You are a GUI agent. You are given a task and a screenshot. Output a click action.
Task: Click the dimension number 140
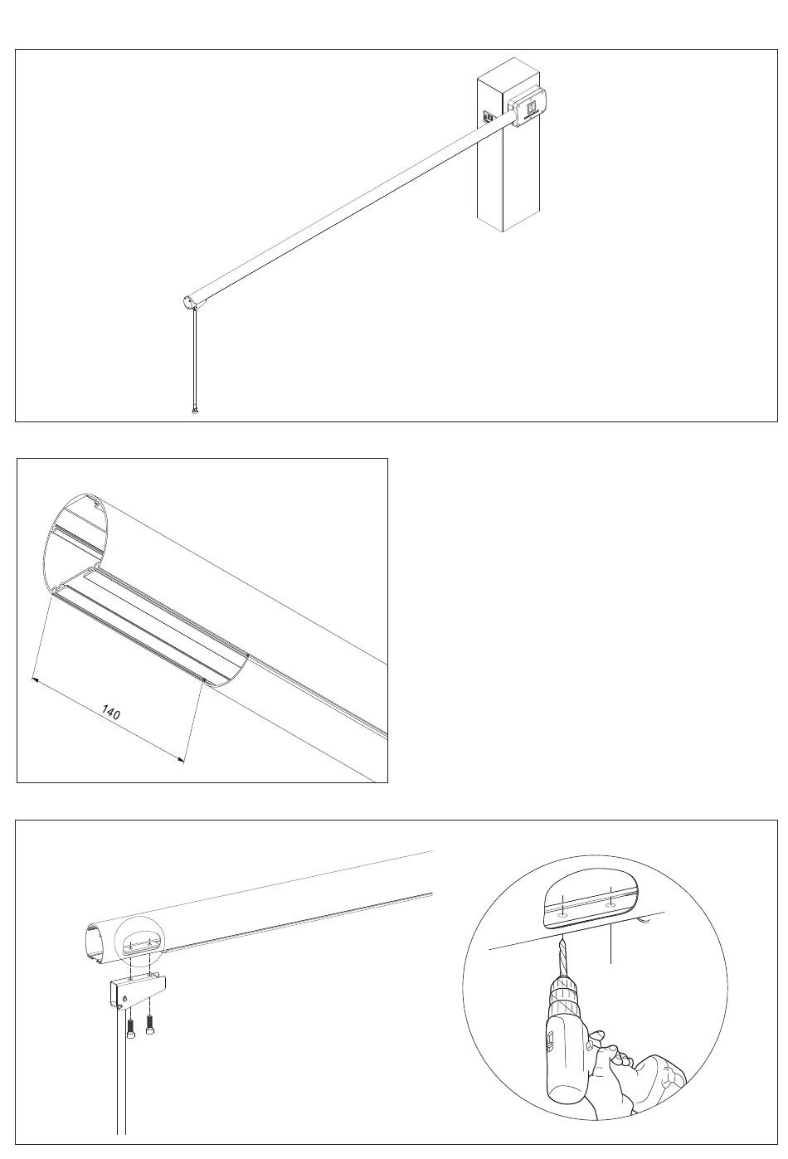tap(111, 712)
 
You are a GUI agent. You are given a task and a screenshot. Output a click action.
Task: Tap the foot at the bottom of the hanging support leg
tap(194, 409)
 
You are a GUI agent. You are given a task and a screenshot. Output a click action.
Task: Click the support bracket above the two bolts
tap(136, 991)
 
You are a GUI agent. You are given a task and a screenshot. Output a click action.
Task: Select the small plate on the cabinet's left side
tap(489, 117)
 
